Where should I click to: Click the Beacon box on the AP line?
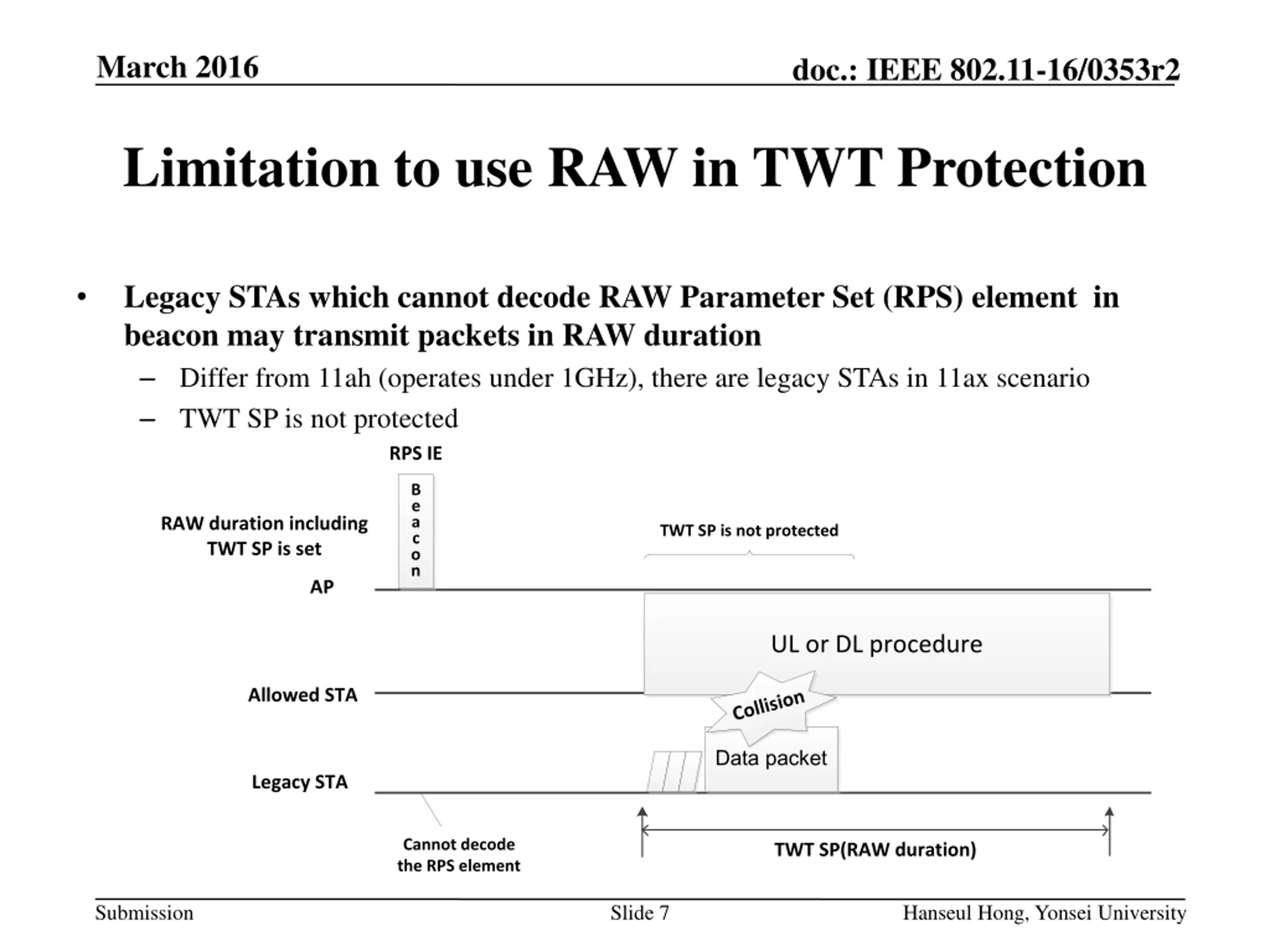(416, 531)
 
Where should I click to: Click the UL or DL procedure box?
(876, 644)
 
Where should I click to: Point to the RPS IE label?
(416, 453)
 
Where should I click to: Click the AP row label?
(321, 587)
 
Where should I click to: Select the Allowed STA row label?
(303, 695)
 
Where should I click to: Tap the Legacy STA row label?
(300, 781)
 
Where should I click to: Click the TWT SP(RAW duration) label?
(875, 849)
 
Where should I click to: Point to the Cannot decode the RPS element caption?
(459, 854)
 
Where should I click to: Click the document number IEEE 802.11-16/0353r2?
(1022, 70)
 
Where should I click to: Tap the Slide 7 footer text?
(639, 912)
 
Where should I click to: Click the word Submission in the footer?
(144, 912)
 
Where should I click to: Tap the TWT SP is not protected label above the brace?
(749, 530)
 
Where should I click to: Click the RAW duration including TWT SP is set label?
(264, 535)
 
